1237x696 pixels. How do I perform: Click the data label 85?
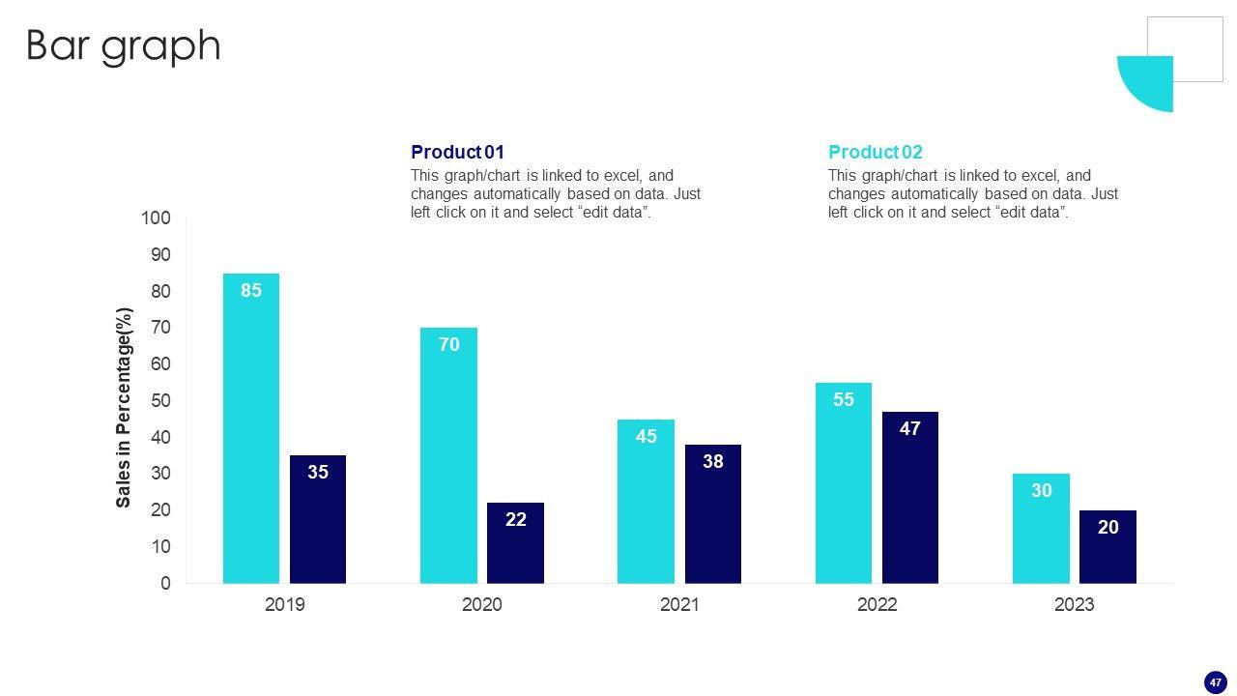point(251,290)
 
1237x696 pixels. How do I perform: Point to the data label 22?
point(516,520)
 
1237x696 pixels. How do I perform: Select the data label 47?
point(910,428)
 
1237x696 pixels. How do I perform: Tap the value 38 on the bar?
point(713,462)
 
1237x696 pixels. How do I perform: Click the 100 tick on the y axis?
point(156,218)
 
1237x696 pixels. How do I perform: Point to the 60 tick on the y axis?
point(159,364)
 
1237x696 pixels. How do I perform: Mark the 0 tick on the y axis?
point(165,584)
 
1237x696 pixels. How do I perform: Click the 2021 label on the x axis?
point(679,605)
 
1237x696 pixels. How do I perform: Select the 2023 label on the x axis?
point(1074,605)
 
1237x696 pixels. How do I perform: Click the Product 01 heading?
point(457,152)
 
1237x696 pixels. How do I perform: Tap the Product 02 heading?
point(875,152)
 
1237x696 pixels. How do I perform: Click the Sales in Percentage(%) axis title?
point(124,407)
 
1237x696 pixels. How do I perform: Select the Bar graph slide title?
point(123,45)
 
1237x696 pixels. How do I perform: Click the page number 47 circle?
point(1215,682)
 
